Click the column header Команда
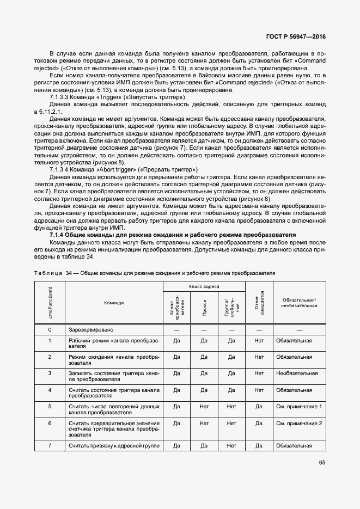tap(114, 303)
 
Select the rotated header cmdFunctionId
tap(50, 303)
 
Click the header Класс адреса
tap(204, 286)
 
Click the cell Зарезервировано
tap(91, 329)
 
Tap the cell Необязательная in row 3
tap(297, 373)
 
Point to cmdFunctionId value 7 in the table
tap(50, 446)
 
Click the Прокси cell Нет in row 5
tap(204, 406)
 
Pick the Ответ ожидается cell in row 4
tap(259, 390)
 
